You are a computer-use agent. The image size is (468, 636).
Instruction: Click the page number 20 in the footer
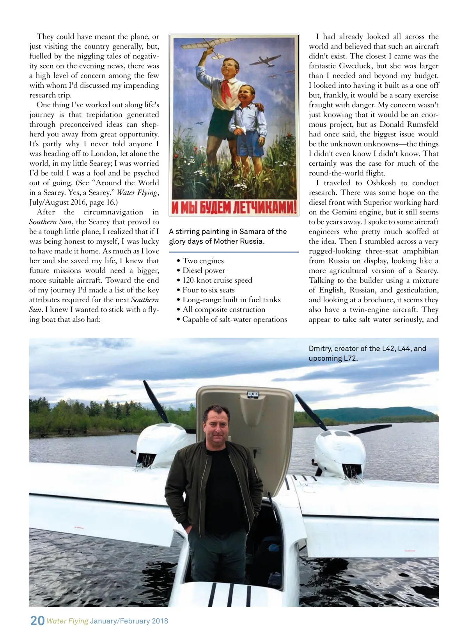coord(37,620)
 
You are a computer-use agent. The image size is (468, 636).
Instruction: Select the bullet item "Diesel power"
coord(204,271)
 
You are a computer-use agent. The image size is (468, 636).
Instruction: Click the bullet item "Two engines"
coord(203,261)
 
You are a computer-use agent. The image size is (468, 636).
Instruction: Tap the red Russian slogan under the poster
coord(234,207)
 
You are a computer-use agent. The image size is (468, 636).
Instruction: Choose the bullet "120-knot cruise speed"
coord(217,280)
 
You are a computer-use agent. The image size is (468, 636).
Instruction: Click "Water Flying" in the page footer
coord(67,621)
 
